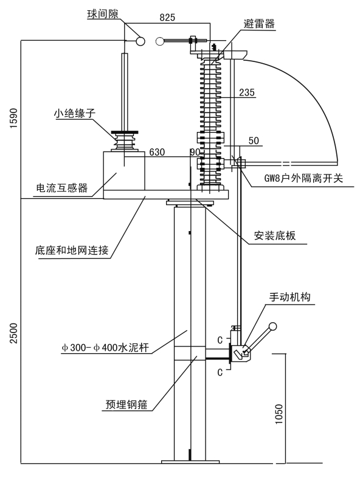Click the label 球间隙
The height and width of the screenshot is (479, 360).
pyautogui.click(x=102, y=14)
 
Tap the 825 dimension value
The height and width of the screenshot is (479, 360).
pyautogui.click(x=167, y=18)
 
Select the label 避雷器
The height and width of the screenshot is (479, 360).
pyautogui.click(x=259, y=24)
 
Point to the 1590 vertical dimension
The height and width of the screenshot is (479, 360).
pyautogui.click(x=14, y=118)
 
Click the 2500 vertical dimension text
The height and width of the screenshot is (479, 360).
pyautogui.click(x=14, y=333)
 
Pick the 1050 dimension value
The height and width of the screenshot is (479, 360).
pyautogui.click(x=279, y=414)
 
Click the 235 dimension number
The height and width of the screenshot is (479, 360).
pyautogui.click(x=247, y=92)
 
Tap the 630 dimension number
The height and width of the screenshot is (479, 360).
pyautogui.click(x=157, y=152)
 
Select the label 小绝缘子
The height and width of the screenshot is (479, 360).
pyautogui.click(x=75, y=113)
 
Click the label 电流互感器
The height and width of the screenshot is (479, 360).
pyautogui.click(x=62, y=188)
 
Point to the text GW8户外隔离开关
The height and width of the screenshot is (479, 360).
pyautogui.click(x=303, y=178)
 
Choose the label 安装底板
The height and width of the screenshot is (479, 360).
pyautogui.click(x=275, y=235)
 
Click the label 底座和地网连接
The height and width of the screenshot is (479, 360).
pyautogui.click(x=72, y=250)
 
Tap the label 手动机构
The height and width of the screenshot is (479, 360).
pyautogui.click(x=289, y=297)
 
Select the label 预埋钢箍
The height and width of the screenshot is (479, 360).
pyautogui.click(x=126, y=404)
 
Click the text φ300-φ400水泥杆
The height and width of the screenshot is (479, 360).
pyautogui.click(x=105, y=348)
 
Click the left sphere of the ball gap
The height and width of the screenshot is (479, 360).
pyautogui.click(x=140, y=41)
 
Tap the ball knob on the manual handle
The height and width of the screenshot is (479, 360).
pyautogui.click(x=272, y=326)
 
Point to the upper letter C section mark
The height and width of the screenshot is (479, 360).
pyautogui.click(x=220, y=340)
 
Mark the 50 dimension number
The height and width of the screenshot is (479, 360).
pyautogui.click(x=254, y=140)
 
